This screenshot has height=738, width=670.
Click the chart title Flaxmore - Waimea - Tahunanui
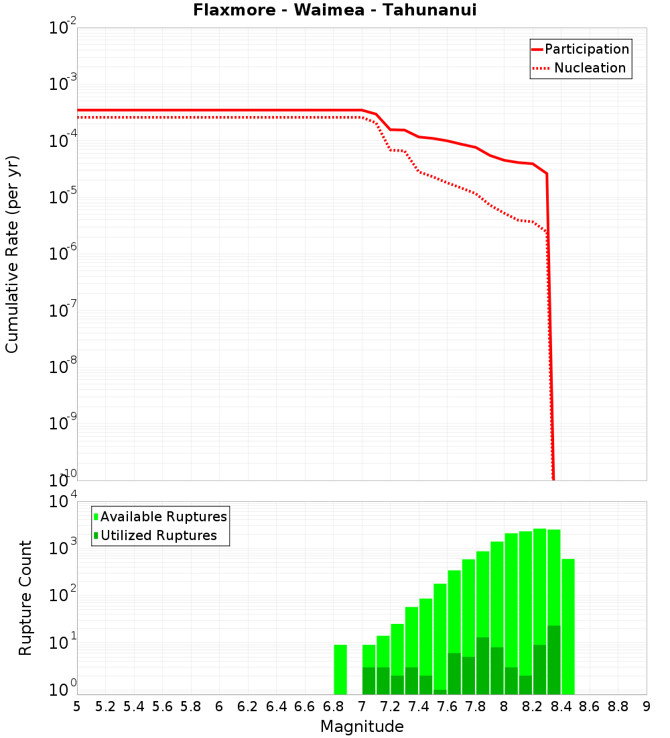point(334,10)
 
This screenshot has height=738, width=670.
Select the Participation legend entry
point(586,49)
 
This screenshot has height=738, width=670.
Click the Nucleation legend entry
point(590,68)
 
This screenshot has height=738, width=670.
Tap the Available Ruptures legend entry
point(163,517)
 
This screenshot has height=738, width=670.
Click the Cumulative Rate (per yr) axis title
point(12,254)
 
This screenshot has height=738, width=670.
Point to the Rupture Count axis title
point(25,597)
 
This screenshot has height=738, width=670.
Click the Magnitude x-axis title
point(362,727)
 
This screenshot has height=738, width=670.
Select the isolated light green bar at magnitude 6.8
point(340,670)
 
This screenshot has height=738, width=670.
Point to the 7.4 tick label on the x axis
point(419,706)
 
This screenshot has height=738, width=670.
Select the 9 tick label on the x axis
point(647,706)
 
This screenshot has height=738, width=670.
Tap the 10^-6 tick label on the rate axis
point(64,254)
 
